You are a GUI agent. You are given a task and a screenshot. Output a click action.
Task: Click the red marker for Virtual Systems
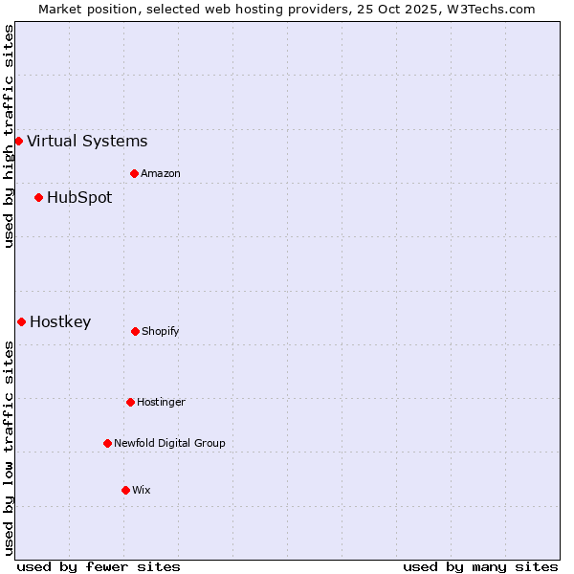18,142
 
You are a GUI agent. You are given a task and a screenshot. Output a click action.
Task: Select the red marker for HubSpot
39,198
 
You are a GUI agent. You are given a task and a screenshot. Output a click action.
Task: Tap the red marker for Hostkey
21,322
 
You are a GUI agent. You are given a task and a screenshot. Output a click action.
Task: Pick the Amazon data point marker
135,174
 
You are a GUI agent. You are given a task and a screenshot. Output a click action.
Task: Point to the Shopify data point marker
135,332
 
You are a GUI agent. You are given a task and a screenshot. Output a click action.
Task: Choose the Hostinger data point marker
130,403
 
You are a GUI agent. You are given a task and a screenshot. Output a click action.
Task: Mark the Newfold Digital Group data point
107,444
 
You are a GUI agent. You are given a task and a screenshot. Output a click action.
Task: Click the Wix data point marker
125,491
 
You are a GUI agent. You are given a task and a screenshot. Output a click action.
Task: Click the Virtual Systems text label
87,142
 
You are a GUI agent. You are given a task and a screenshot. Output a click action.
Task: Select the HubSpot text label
79,198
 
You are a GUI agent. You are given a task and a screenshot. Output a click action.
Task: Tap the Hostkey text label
60,322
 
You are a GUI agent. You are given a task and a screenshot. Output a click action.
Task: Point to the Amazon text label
161,174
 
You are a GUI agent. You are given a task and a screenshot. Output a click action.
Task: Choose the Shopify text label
161,332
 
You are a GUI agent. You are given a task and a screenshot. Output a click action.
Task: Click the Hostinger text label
161,403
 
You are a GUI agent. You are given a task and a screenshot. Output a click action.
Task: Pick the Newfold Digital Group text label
169,444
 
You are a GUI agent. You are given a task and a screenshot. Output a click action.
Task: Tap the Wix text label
142,491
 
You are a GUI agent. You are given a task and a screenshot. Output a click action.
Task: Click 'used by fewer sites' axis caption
99,567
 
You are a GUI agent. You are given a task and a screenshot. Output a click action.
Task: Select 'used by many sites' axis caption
480,567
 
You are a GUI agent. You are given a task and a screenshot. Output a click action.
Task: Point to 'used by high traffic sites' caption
9,136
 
